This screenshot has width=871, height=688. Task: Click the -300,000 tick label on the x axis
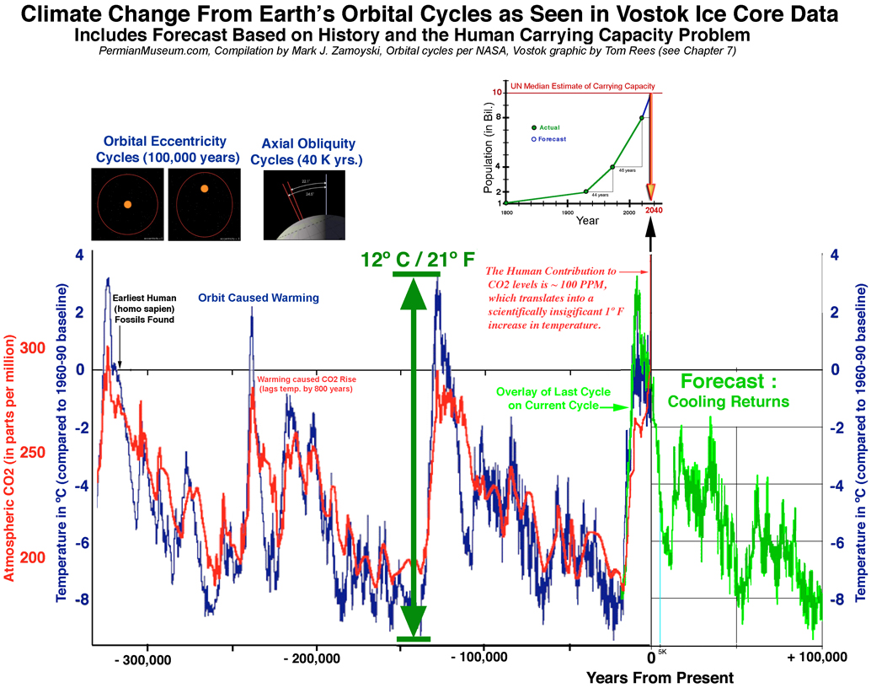click(147, 658)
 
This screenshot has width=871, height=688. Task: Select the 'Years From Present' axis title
click(660, 677)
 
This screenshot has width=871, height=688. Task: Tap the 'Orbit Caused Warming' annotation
click(247, 298)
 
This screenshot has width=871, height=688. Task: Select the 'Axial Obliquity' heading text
click(308, 144)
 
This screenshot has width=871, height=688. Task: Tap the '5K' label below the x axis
click(661, 652)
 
